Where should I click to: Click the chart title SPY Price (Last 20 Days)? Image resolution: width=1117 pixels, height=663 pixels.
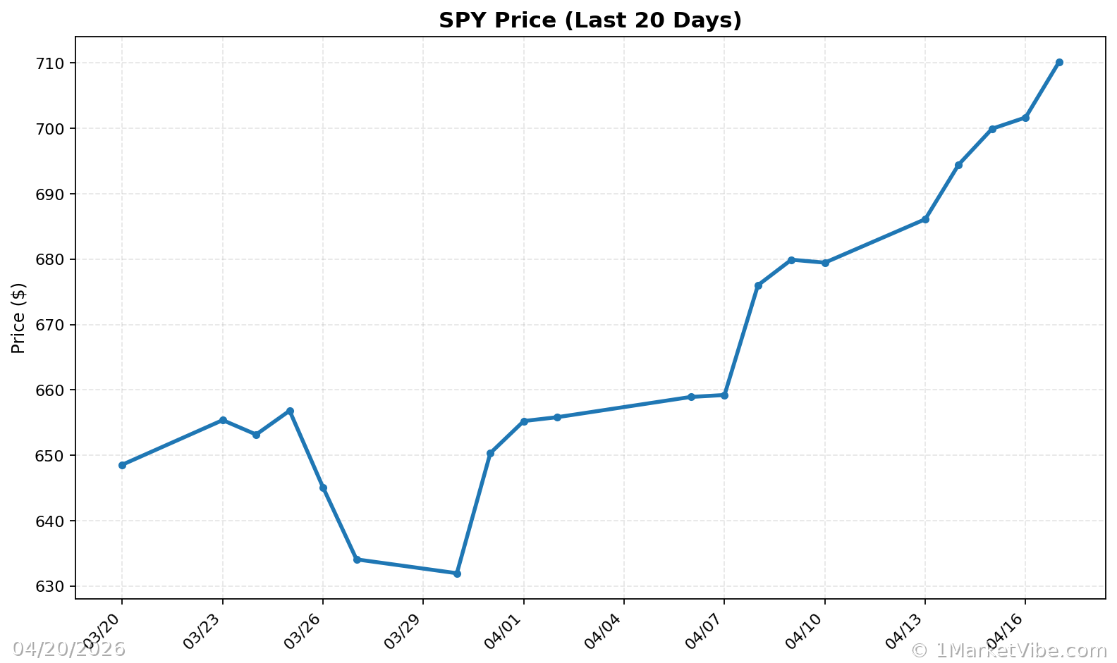click(590, 20)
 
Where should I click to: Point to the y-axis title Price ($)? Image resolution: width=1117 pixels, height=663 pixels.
click(19, 318)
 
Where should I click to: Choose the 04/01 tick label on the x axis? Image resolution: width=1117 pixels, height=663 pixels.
click(506, 632)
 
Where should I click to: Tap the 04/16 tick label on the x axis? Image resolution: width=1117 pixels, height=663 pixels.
click(1008, 632)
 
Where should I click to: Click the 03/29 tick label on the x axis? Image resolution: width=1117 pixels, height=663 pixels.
click(405, 632)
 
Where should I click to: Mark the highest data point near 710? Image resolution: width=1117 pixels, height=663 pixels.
click(1059, 63)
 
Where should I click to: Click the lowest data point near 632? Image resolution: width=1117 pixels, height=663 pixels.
click(457, 574)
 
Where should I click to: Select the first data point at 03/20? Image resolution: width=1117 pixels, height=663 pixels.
click(122, 465)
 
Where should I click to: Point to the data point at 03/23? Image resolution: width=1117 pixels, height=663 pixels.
click(223, 420)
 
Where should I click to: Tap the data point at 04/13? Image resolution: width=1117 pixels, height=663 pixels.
click(925, 219)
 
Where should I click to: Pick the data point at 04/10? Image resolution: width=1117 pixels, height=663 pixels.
click(825, 263)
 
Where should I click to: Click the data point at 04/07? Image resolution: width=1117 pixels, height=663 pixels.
click(724, 395)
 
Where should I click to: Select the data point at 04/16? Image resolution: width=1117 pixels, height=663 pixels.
click(1025, 118)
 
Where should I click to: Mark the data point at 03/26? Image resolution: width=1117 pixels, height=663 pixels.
click(323, 488)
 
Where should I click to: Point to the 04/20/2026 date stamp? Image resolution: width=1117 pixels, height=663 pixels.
click(68, 649)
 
